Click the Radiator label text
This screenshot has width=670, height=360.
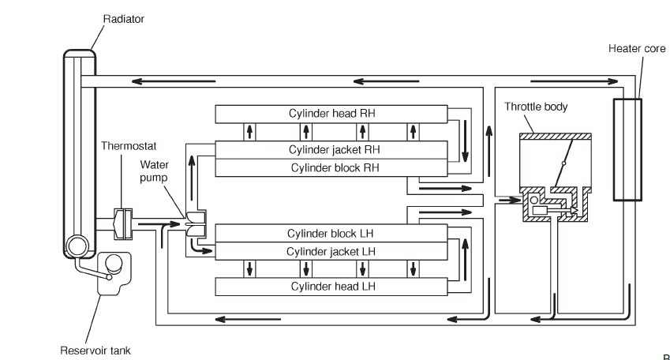tap(123, 19)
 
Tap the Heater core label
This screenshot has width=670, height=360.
tap(636, 49)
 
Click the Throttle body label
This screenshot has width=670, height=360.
tap(536, 107)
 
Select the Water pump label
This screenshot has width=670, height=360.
tap(155, 171)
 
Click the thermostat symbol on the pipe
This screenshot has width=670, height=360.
tap(123, 223)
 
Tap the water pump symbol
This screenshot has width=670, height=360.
tap(194, 223)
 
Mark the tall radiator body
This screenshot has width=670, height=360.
tap(79, 150)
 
